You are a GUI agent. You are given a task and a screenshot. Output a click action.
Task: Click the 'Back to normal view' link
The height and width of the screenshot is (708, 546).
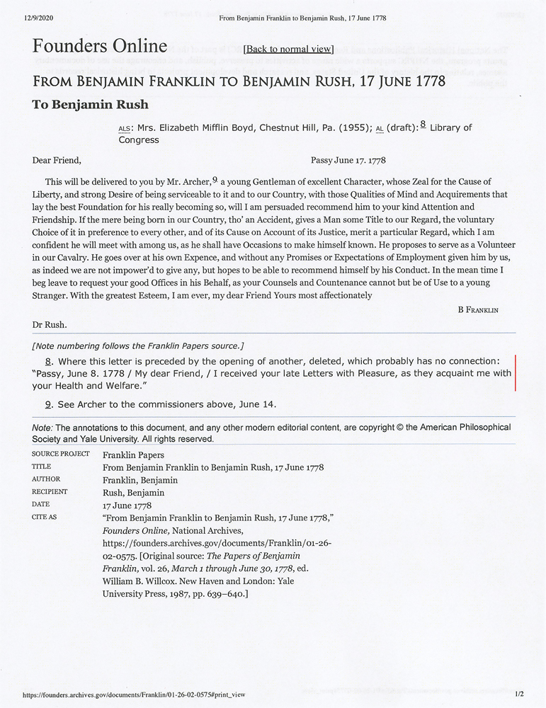pos(288,49)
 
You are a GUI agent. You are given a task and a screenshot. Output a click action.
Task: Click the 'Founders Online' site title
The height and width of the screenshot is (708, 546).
pos(100,47)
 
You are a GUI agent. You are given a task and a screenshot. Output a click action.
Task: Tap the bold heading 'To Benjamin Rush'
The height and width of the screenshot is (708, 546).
pos(90,105)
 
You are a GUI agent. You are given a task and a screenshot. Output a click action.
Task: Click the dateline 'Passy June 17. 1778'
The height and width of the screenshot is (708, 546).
pos(348,161)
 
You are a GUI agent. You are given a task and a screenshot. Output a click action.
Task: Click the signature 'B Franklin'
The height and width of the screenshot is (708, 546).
pos(477,309)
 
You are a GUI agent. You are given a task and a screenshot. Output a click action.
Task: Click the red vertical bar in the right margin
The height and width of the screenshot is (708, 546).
pos(515,373)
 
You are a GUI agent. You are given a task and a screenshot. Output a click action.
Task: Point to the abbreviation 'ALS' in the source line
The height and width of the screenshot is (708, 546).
pos(125,129)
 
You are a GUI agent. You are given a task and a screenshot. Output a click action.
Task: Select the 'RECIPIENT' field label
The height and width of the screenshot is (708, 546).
pos(50,492)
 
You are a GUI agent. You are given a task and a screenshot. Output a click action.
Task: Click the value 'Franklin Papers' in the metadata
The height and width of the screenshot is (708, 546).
pos(133,455)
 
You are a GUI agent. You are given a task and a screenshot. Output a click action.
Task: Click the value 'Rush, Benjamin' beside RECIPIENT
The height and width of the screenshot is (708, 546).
pos(133,493)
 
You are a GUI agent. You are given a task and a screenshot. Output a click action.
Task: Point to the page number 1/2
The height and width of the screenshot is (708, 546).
pos(519,695)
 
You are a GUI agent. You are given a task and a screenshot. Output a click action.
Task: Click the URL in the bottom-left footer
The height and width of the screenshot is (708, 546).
pos(134,695)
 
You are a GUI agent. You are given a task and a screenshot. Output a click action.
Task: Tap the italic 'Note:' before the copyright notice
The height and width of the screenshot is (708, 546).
pos(42,428)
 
